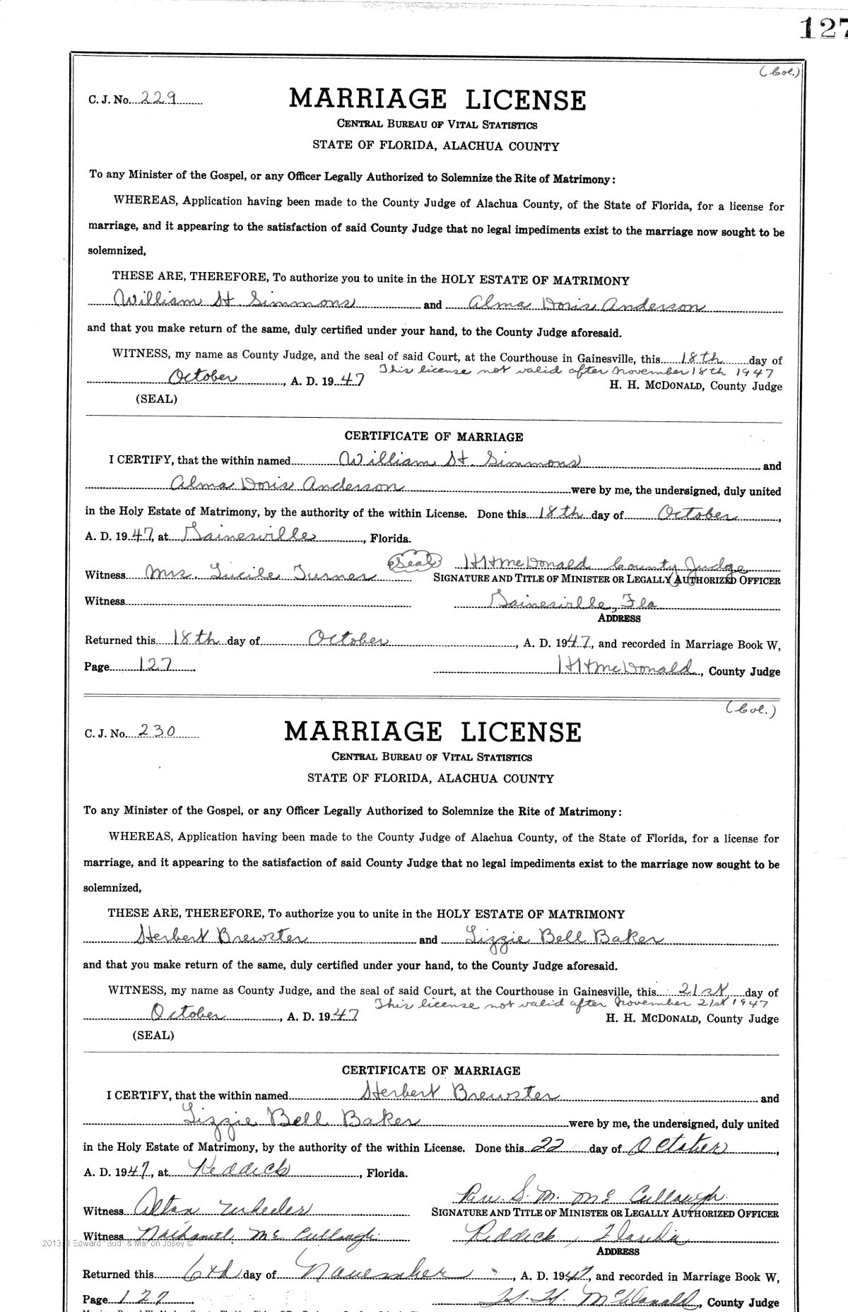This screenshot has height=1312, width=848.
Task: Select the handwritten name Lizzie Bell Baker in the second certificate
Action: tap(300, 1119)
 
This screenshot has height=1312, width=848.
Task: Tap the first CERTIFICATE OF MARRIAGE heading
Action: tap(434, 437)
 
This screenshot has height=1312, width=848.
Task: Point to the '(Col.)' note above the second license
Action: tap(750, 712)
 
